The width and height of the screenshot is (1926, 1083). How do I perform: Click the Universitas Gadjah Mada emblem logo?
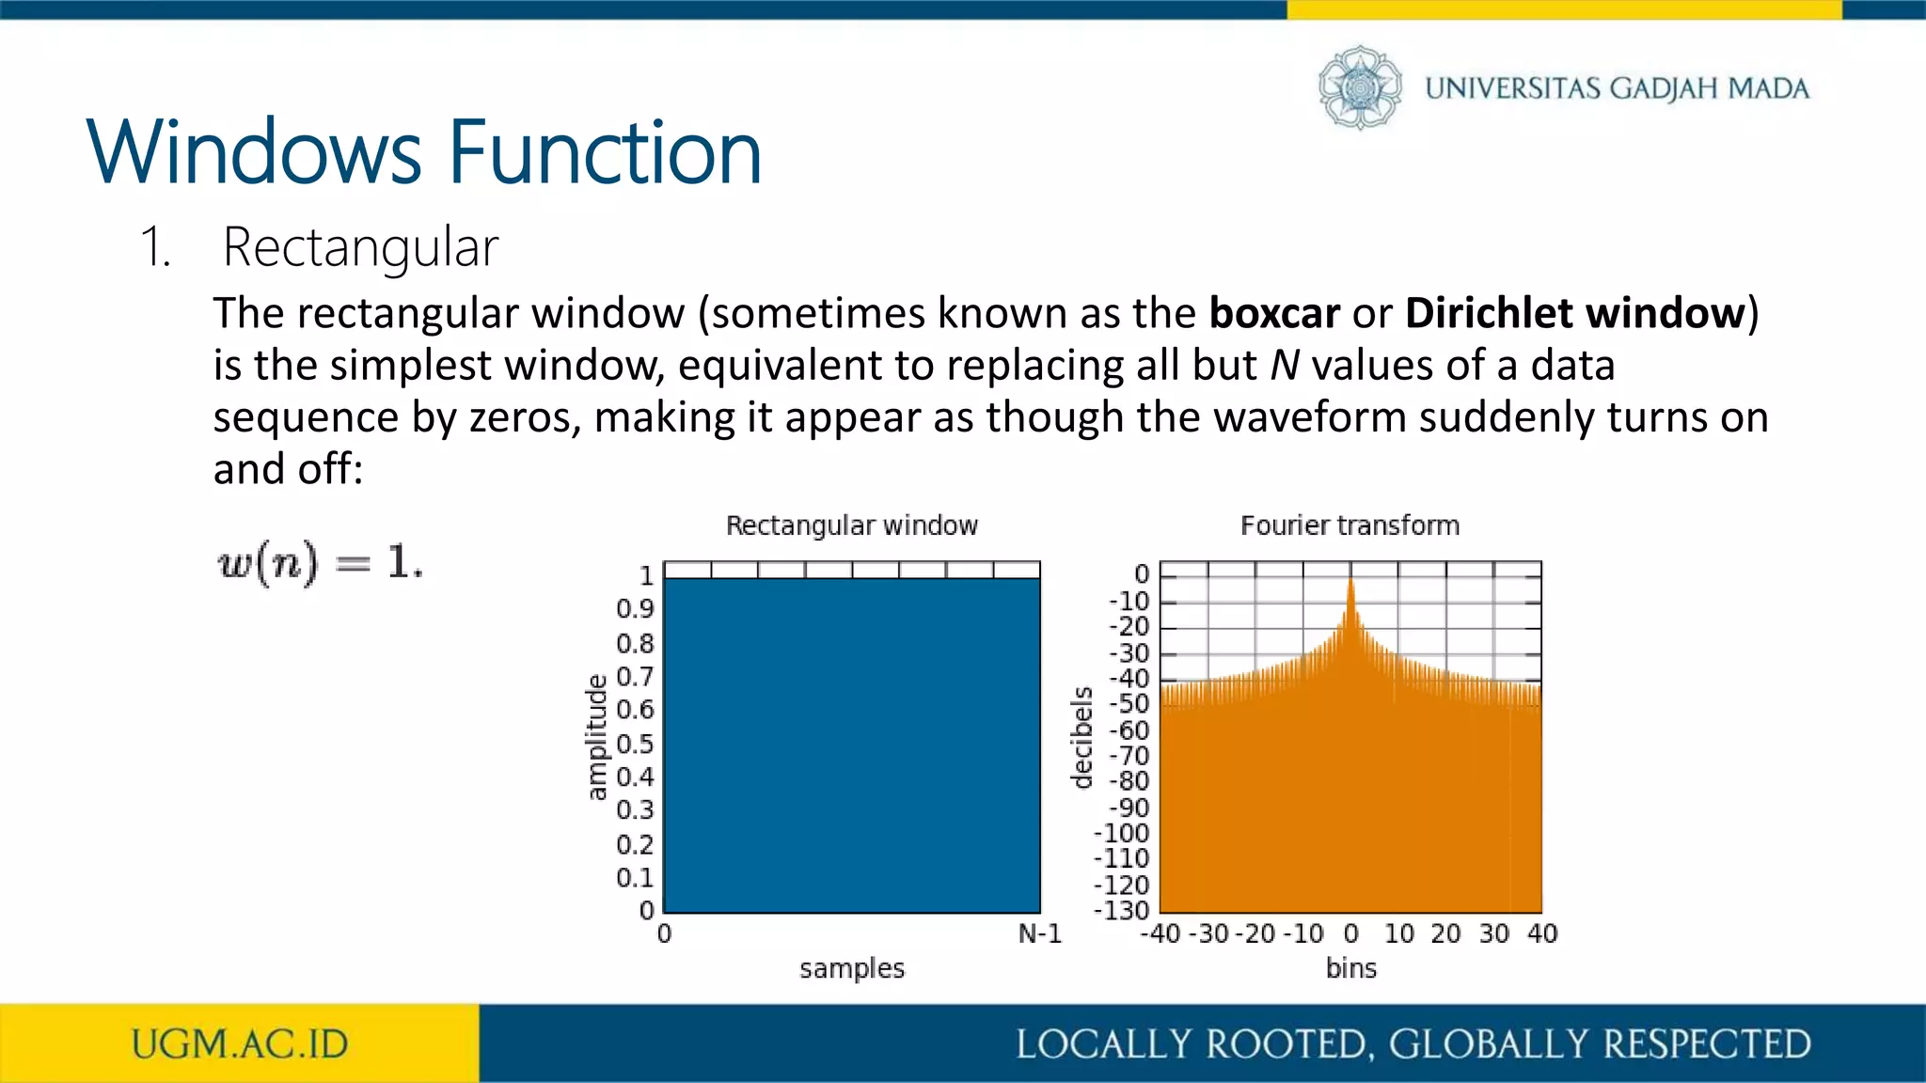1360,87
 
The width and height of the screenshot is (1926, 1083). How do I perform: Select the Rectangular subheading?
360,247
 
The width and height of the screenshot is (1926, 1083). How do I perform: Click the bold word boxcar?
1273,313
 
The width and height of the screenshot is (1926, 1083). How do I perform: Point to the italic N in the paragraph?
1284,365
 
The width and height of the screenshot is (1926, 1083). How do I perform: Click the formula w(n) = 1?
320,563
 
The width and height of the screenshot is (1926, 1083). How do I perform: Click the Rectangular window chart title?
851,526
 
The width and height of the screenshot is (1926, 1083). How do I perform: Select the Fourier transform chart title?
1350,526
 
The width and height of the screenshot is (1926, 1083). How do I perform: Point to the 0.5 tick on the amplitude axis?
635,744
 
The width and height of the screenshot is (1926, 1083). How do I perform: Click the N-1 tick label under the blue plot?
1039,934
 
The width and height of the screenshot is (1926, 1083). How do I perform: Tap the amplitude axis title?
596,737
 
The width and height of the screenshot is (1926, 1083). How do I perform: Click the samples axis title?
851,968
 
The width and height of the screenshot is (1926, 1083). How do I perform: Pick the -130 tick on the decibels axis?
1122,910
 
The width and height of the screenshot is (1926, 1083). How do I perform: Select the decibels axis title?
1082,737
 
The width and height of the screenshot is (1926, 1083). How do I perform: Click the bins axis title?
1350,968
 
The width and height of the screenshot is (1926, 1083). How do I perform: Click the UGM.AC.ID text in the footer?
239,1044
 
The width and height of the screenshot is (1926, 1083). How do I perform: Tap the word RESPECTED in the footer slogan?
1706,1044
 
